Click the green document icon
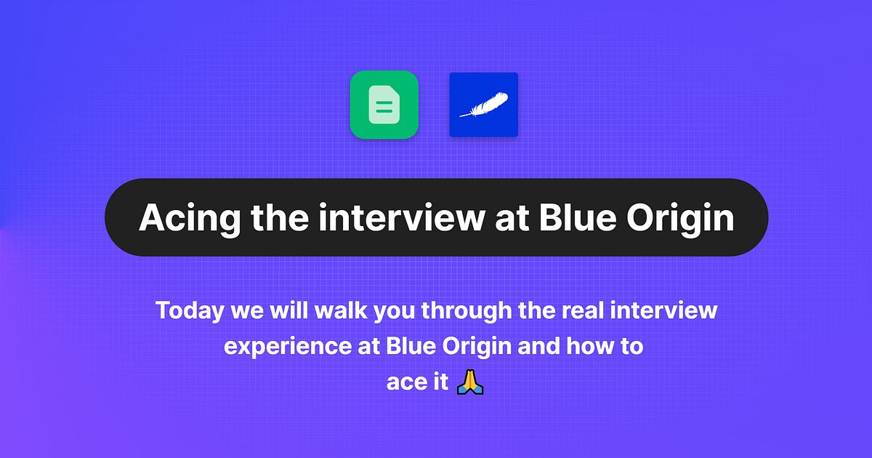coord(384,105)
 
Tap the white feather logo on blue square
coord(483,105)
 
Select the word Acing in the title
coord(185,217)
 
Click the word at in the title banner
coord(510,217)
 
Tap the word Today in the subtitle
coord(190,311)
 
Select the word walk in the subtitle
coord(342,311)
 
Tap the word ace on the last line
coord(401,382)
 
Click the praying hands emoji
coord(469,382)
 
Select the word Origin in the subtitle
coord(475,346)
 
